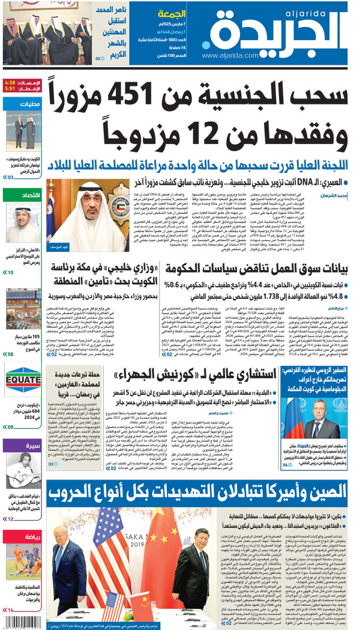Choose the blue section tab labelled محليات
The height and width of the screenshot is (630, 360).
click(x=23, y=104)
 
